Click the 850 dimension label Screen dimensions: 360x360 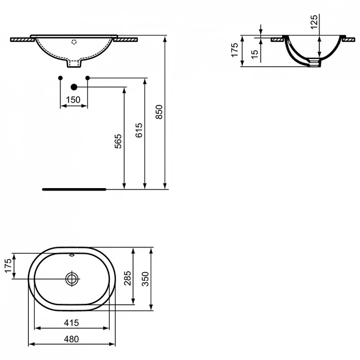coord(159,112)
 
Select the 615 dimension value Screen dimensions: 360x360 coord(139,130)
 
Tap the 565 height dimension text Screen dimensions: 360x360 coord(118,141)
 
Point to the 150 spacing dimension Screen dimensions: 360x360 coord(73,100)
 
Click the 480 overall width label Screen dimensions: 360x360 coord(72,339)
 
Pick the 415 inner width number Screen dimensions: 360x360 coord(72,323)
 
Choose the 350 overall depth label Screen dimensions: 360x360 coord(145,279)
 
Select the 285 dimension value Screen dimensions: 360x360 coord(128,278)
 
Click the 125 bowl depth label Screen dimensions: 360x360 coord(314,22)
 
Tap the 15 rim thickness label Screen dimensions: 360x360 coord(255,54)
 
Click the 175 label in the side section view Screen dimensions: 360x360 coord(234,50)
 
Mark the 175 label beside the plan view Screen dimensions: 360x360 coord(8,266)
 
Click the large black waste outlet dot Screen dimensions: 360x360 coord(74,87)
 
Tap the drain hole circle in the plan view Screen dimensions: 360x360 coord(72,279)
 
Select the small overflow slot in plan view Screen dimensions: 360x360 coord(72,255)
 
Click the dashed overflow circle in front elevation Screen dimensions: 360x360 coord(74,42)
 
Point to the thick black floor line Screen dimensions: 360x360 coord(74,189)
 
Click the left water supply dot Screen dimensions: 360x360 coord(60,78)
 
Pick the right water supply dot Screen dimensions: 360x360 coord(87,78)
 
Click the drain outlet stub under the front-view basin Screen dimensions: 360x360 coord(74,63)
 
